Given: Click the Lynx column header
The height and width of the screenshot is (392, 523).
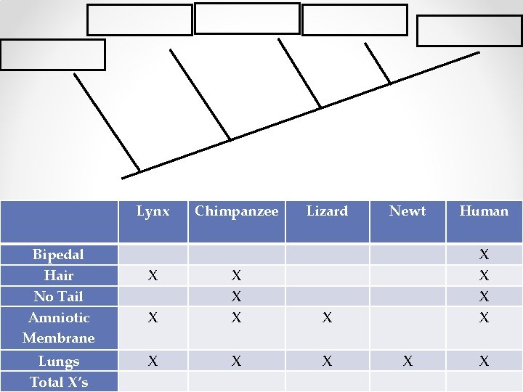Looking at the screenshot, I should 153,211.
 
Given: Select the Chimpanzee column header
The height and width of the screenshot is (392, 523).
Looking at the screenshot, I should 236,211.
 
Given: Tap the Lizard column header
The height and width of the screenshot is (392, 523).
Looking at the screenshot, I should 327,211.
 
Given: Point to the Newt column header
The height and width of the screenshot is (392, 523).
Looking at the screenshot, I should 408,211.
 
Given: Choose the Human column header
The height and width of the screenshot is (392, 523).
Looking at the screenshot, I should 484,211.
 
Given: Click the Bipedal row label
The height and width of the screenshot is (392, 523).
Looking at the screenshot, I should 58,255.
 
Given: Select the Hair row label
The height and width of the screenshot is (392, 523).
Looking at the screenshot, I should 58,276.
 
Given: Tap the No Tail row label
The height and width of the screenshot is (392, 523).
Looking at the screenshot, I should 58,297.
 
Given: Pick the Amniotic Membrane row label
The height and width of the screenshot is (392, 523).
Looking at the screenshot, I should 58,327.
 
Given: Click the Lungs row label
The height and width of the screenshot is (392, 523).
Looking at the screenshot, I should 58,362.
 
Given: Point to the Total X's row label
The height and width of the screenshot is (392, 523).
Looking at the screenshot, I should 58,382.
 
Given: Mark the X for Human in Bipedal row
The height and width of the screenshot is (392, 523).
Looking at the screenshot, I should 484,255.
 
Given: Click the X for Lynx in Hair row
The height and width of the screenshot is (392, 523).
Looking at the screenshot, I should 153,276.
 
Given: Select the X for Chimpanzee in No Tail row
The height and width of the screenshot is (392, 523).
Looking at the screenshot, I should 236,297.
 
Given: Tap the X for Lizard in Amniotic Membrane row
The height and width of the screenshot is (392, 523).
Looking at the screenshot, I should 327,318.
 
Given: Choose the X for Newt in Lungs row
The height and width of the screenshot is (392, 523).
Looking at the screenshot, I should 408,362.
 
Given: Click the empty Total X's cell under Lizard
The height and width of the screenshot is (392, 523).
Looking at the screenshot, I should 327,382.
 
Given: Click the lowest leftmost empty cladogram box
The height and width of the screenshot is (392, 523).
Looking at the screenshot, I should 52,54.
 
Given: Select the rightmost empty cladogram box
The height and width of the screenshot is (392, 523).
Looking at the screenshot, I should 469,30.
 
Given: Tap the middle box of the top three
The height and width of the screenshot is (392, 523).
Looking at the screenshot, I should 247,18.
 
